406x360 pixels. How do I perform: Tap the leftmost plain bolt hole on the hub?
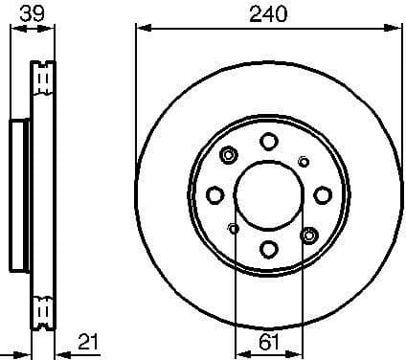pyautogui.click(x=215, y=194)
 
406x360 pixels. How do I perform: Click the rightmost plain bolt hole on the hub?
pyautogui.click(x=323, y=194)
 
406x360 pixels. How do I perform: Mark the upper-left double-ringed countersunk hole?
pyautogui.click(x=230, y=155)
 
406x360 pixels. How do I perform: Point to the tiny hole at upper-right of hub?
pyautogui.click(x=304, y=160)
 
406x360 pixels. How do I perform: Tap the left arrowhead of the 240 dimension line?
pyautogui.click(x=141, y=26)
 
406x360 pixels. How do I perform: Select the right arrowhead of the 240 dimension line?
pyautogui.click(x=397, y=26)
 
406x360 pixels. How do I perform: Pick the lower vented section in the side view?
pyautogui.click(x=41, y=310)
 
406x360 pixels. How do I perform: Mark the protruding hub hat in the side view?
pyautogui.click(x=21, y=194)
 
